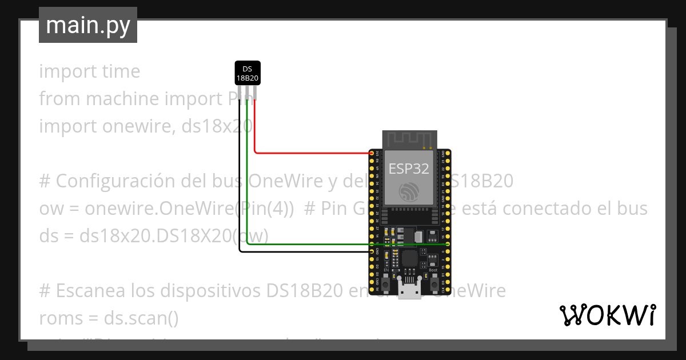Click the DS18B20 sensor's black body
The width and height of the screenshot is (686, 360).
[248, 73]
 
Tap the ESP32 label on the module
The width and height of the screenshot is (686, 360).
[409, 168]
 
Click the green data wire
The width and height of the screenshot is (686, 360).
[343, 245]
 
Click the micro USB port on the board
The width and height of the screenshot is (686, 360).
[408, 292]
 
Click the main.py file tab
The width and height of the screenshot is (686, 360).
[87, 25]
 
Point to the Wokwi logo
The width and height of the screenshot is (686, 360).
[607, 315]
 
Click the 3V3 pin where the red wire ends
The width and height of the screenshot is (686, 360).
[372, 153]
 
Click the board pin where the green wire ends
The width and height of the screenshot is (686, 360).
[446, 245]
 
